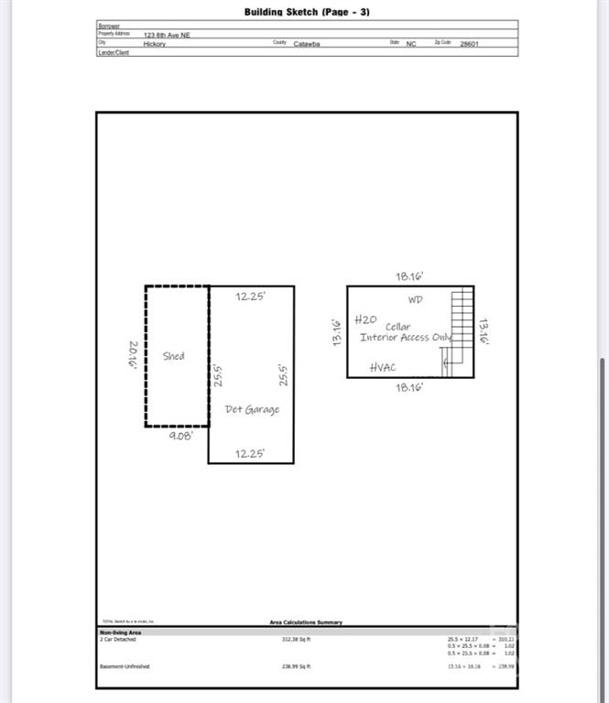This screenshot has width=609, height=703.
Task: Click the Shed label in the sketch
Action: [x=173, y=356]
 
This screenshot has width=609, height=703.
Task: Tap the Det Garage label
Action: [x=252, y=409]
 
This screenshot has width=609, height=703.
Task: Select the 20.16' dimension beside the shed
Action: [x=134, y=355]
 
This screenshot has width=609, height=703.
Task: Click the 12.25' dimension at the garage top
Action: [x=251, y=297]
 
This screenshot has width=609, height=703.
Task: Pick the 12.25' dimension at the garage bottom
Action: [x=251, y=453]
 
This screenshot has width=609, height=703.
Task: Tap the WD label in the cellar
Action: [x=416, y=299]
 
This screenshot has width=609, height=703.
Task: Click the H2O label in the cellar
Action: [x=365, y=319]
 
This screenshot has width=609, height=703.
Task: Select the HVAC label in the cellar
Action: [x=384, y=367]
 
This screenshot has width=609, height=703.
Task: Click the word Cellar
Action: [x=397, y=326]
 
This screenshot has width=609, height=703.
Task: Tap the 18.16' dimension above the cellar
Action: [x=409, y=276]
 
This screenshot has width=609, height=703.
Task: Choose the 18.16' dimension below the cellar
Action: [x=409, y=387]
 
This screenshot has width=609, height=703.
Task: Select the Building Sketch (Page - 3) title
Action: [x=307, y=12]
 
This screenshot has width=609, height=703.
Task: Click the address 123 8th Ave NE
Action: [x=166, y=34]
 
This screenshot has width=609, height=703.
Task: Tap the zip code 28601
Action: [x=469, y=43]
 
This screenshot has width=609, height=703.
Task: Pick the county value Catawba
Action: [x=306, y=43]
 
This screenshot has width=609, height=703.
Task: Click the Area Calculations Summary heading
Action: [x=306, y=622]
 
